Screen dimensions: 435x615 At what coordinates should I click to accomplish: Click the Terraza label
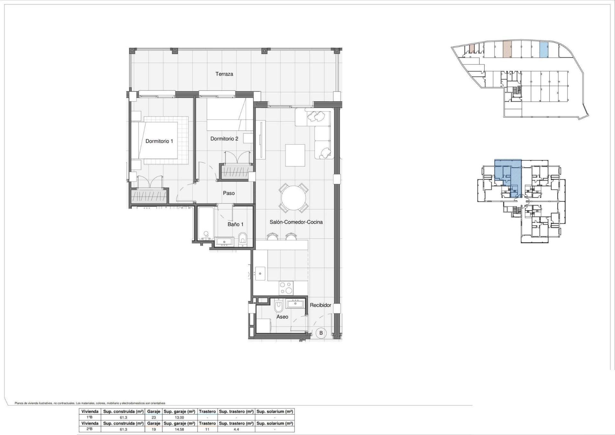click(x=224, y=74)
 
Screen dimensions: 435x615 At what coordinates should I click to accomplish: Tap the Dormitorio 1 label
click(x=159, y=141)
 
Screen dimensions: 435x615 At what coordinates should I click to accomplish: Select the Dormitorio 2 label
click(x=224, y=139)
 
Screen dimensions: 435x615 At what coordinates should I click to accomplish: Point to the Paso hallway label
click(x=229, y=193)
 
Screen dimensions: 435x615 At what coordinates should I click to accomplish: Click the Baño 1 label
click(x=235, y=224)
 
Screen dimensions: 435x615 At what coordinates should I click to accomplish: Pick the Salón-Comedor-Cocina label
click(x=296, y=222)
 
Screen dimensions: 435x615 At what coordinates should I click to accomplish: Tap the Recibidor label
click(x=320, y=305)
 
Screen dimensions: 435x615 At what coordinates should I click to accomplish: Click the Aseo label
click(x=282, y=317)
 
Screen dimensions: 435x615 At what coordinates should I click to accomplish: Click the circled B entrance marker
click(x=321, y=333)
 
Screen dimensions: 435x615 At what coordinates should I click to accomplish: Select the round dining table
click(x=293, y=198)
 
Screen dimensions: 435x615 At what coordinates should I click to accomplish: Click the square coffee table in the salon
click(x=295, y=155)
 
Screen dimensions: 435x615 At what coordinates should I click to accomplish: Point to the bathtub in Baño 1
click(x=206, y=224)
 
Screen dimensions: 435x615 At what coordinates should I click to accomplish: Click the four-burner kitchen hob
click(x=286, y=288)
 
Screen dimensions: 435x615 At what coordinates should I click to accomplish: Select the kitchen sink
click(x=260, y=273)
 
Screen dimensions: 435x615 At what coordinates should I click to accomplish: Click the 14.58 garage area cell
click(x=179, y=429)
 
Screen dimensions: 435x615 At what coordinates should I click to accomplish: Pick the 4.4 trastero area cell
click(x=236, y=429)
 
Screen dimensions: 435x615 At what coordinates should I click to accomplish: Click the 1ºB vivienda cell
click(x=90, y=417)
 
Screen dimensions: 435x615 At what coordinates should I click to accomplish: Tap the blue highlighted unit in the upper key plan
click(x=544, y=50)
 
